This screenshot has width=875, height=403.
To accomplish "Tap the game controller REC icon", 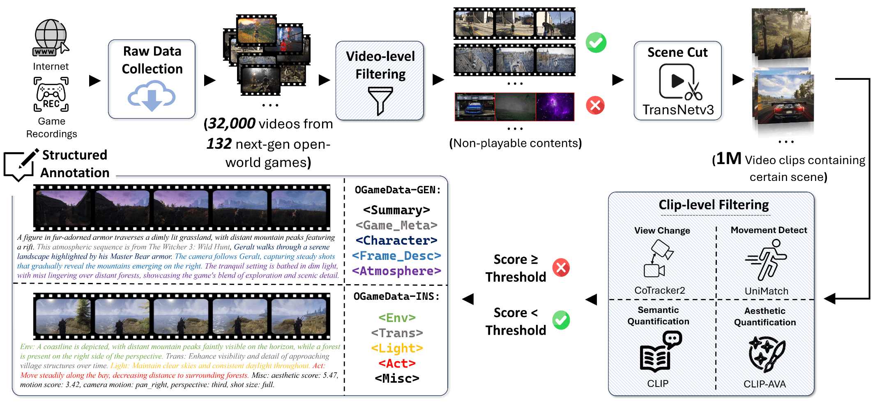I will (x=51, y=94).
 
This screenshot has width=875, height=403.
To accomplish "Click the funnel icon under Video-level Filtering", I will (x=380, y=100).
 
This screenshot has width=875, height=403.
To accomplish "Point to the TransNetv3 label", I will (x=678, y=110).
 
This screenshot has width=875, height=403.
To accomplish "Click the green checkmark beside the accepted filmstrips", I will (x=596, y=42).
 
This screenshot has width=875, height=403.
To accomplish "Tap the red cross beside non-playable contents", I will (x=595, y=105).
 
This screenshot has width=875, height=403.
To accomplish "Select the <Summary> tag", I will (x=396, y=210).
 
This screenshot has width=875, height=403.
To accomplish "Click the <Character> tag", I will (x=396, y=241).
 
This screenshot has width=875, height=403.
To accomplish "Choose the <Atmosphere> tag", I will (x=396, y=271).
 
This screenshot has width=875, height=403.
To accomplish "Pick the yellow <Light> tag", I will (x=397, y=348).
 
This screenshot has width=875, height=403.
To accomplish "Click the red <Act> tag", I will (x=397, y=364).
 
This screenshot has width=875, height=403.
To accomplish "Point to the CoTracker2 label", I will (x=660, y=290).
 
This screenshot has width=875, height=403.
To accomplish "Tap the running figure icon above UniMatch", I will (x=766, y=260).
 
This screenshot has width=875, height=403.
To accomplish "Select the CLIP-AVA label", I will (x=764, y=384).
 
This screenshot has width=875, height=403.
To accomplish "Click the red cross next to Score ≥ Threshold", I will (x=561, y=268).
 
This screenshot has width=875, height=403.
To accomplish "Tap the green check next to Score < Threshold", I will (x=561, y=320).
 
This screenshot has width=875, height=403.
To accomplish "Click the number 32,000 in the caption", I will (x=232, y=123).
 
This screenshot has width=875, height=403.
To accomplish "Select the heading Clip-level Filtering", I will (x=714, y=205).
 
